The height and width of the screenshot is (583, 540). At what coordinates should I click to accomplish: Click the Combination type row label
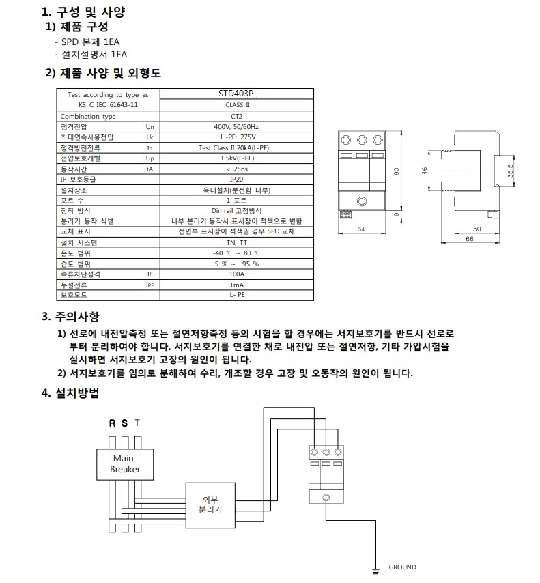[x=89, y=116]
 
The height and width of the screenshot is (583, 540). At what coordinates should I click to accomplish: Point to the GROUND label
[x=402, y=567]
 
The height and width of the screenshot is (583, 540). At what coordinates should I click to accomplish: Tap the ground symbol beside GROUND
[x=374, y=567]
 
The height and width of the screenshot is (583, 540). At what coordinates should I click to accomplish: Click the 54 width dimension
[x=361, y=230]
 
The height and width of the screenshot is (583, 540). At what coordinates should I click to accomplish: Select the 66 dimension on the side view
[x=470, y=240]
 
